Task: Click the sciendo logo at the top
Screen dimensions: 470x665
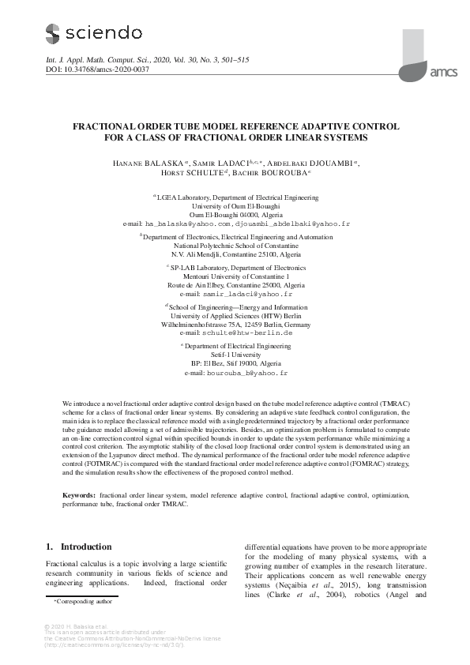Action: click(93, 33)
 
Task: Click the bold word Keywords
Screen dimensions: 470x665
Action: click(79, 494)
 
